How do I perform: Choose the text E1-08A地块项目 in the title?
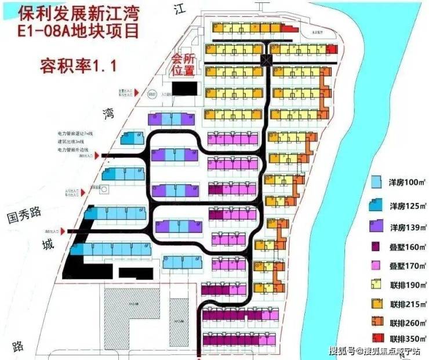click(x=73, y=31)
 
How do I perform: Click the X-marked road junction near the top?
click(x=267, y=60)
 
